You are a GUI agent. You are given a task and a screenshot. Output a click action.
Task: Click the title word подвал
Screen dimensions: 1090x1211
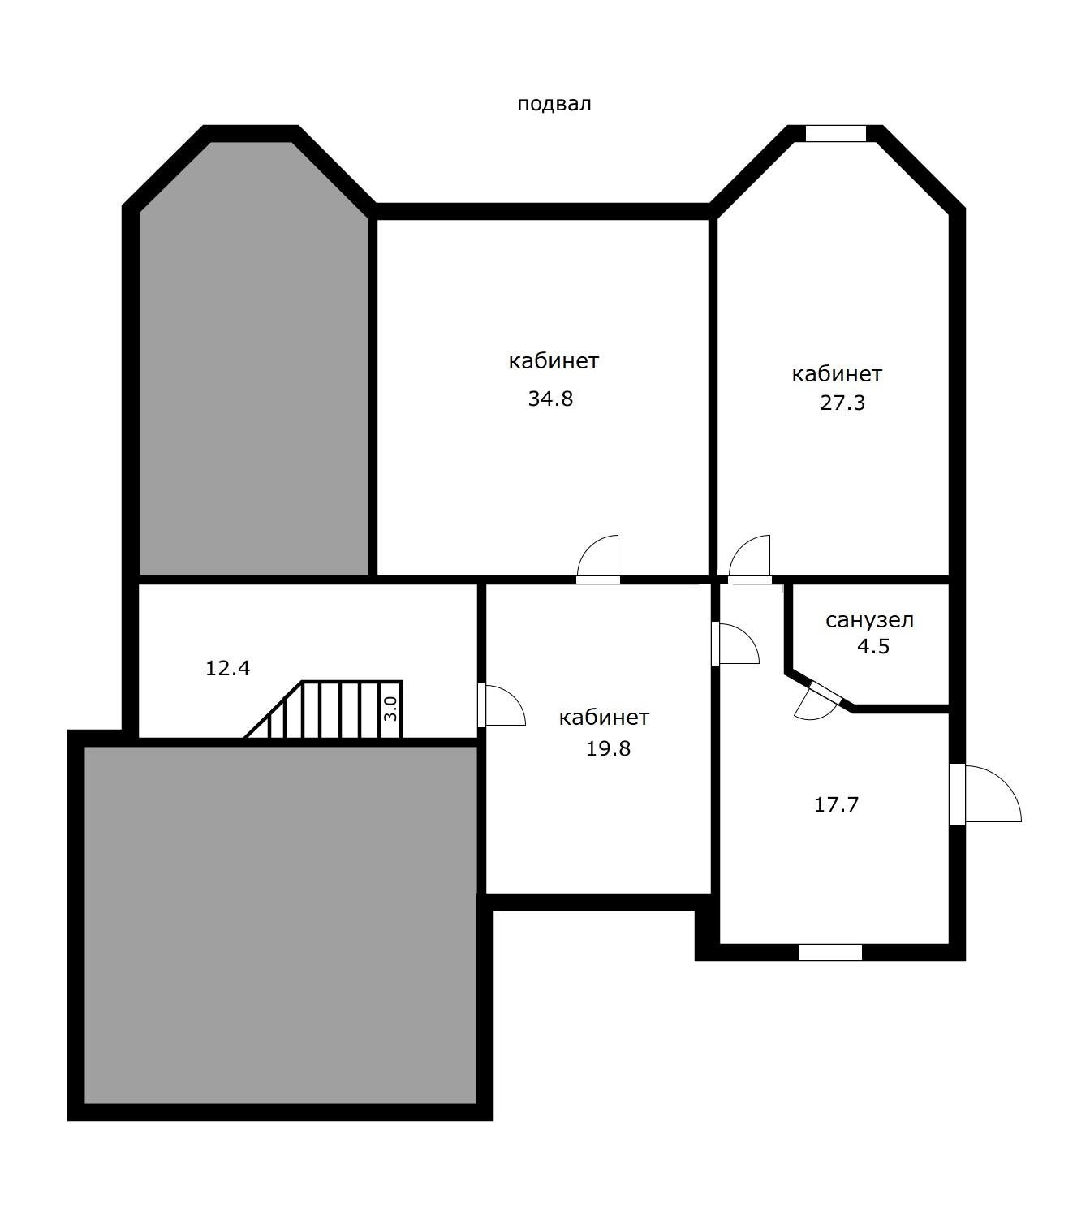(554, 105)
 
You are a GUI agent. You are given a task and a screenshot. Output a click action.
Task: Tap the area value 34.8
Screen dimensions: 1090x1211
(550, 399)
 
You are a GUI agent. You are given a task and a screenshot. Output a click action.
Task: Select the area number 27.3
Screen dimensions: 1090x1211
(842, 403)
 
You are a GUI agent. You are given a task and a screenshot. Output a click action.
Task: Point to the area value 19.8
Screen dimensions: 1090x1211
(608, 748)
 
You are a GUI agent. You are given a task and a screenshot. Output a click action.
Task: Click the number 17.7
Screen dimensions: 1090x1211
(837, 804)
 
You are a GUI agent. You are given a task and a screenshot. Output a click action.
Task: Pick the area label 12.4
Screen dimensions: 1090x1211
(228, 668)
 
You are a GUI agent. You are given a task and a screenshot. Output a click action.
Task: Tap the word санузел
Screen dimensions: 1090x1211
(869, 621)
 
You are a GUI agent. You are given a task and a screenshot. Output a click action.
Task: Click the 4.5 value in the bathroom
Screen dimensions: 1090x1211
(873, 647)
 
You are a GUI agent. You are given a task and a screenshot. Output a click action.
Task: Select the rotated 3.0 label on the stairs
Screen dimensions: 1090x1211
(390, 709)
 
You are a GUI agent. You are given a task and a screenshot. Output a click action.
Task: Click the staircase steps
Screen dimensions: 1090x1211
(323, 710)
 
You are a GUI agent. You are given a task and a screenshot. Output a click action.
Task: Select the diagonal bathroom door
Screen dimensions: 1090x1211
(817, 703)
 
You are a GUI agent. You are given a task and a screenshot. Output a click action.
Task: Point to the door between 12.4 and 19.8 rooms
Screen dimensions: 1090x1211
(502, 705)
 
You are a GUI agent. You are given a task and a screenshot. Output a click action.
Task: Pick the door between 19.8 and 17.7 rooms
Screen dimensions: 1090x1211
(735, 644)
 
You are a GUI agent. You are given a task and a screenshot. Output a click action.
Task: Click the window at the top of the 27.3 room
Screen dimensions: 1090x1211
(836, 133)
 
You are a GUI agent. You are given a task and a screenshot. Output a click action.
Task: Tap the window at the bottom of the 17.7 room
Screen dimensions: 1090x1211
(829, 952)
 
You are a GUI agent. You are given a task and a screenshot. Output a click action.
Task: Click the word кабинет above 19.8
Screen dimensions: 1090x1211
(604, 718)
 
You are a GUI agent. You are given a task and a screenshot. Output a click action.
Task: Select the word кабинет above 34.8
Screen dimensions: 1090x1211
(554, 361)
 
